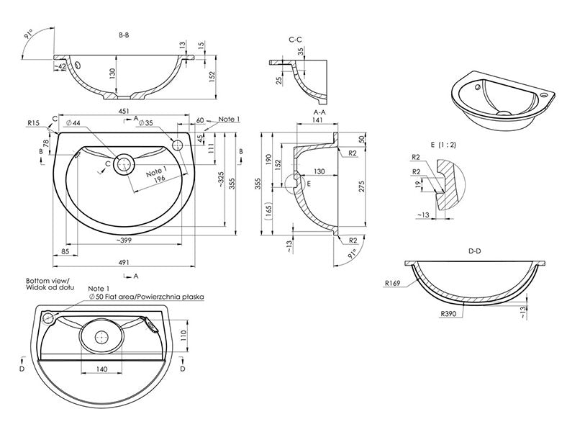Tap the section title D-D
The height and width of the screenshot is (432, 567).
[475, 251]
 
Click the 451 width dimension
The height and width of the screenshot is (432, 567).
[124, 112]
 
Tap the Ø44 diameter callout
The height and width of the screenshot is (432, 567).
[72, 124]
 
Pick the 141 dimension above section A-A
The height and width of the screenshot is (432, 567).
[317, 122]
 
